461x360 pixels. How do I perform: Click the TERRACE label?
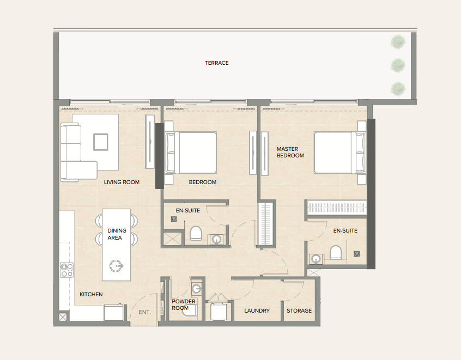(217, 63)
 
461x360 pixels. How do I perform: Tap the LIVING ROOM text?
(122, 182)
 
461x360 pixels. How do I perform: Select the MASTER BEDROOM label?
(290, 152)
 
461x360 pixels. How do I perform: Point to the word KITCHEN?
(91, 294)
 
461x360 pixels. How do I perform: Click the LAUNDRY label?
(257, 310)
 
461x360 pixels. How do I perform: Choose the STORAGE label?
(299, 310)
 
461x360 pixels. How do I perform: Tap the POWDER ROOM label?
(184, 305)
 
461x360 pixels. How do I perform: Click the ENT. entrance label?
(144, 312)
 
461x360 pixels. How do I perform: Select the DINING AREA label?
(117, 234)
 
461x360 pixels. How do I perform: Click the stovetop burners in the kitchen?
(66, 270)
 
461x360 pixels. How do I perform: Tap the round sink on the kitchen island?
(116, 266)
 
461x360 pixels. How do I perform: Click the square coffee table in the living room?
(101, 142)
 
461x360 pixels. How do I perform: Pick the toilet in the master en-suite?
(336, 253)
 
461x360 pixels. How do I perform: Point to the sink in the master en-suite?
(316, 259)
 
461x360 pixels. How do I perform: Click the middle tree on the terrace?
(398, 65)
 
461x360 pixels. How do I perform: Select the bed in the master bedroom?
(339, 152)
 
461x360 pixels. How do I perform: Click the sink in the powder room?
(196, 289)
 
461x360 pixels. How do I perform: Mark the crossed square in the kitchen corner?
(63, 317)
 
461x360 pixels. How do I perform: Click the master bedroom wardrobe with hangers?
(337, 208)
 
